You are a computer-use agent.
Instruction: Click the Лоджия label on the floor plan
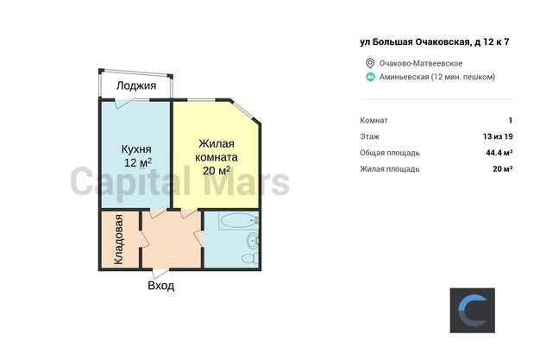[136, 85]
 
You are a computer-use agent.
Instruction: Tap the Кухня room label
[136, 149]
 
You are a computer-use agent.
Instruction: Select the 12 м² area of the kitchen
[138, 162]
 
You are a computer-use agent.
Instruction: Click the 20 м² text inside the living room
[217, 170]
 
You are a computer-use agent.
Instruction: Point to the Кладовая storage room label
[118, 239]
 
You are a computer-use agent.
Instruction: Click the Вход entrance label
[160, 286]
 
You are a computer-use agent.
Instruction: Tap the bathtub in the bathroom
[239, 220]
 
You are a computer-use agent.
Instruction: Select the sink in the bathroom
[253, 240]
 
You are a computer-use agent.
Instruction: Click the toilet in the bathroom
[250, 258]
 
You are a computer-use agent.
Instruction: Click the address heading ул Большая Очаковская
[415, 42]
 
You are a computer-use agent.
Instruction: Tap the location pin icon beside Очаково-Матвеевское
[370, 63]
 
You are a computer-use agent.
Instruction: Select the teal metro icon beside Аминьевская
[370, 77]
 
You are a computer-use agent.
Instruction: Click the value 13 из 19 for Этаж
[498, 136]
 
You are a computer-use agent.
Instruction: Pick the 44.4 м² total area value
[499, 153]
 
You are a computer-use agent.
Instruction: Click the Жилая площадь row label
[390, 169]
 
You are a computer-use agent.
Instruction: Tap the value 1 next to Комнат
[511, 120]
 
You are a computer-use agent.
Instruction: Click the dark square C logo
[473, 310]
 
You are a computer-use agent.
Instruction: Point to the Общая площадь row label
[390, 153]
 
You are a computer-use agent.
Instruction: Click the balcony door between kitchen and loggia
[123, 104]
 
